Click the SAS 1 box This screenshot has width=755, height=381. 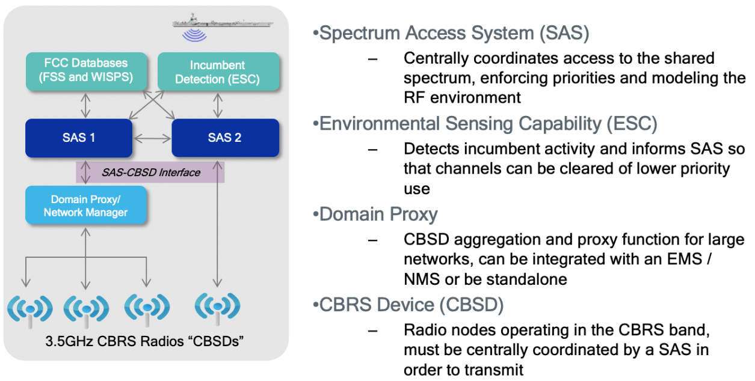[x=79, y=138]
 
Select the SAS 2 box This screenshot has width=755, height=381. [x=225, y=138]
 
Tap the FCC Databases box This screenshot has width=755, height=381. [x=86, y=70]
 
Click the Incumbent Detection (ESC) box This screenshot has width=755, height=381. [x=218, y=72]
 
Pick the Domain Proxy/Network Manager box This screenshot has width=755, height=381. [x=85, y=205]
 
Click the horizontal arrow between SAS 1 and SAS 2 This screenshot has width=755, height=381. [x=152, y=139]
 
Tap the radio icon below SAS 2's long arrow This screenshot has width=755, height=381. [x=217, y=307]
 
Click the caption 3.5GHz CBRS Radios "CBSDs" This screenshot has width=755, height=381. [x=144, y=343]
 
